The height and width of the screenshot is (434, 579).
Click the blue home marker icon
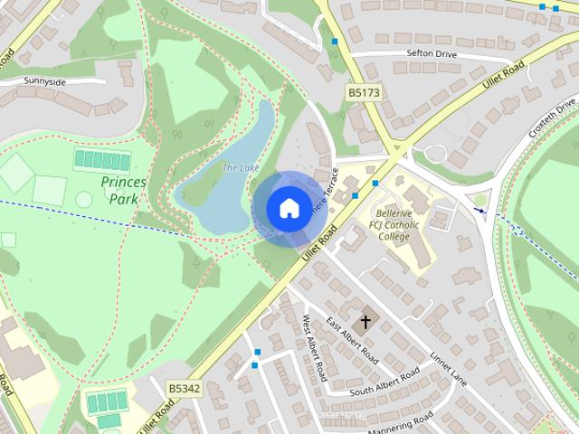(x=288, y=208)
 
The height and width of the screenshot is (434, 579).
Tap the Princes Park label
(x=124, y=189)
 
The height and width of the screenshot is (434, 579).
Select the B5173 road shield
(x=363, y=92)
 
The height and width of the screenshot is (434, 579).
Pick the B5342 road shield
(x=184, y=388)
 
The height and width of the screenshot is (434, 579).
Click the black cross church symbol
(x=366, y=321)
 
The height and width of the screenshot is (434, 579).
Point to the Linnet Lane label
(x=447, y=367)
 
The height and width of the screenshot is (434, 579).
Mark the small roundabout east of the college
(x=480, y=200)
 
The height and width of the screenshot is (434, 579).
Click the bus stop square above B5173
(x=335, y=42)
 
